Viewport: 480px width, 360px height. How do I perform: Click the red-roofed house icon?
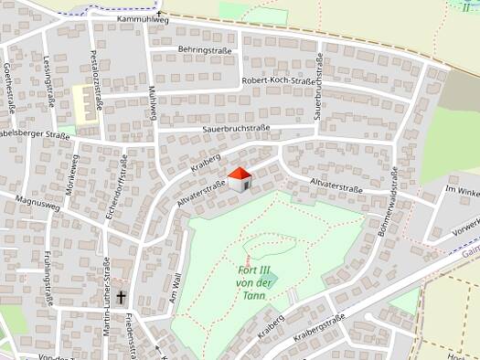point(240,179)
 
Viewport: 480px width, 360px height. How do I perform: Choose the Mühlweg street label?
point(154,102)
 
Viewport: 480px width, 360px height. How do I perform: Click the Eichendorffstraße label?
point(123,182)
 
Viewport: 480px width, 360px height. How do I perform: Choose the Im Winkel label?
point(461,191)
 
